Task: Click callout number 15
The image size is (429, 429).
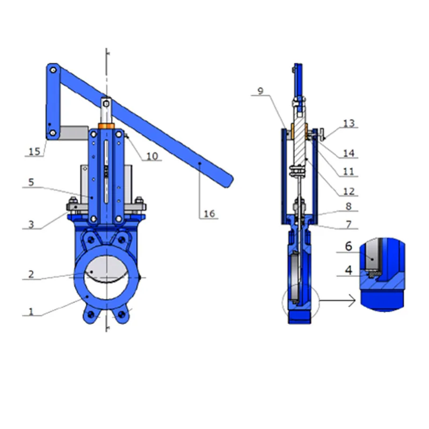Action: pos(34,152)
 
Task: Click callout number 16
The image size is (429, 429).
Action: pos(209,214)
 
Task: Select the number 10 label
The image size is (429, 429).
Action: pos(152,156)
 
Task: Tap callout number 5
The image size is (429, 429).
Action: pos(31,182)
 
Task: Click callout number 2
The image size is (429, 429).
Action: pos(31,275)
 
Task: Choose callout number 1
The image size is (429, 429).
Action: pos(31,311)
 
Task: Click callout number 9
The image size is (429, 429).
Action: pos(260,91)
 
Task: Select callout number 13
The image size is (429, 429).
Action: pos(349,124)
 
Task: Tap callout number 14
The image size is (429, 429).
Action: pos(349,153)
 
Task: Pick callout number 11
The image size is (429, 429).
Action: pos(349,172)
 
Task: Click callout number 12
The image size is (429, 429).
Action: pos(349,191)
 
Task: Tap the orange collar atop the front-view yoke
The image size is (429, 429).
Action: pos(107,127)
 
